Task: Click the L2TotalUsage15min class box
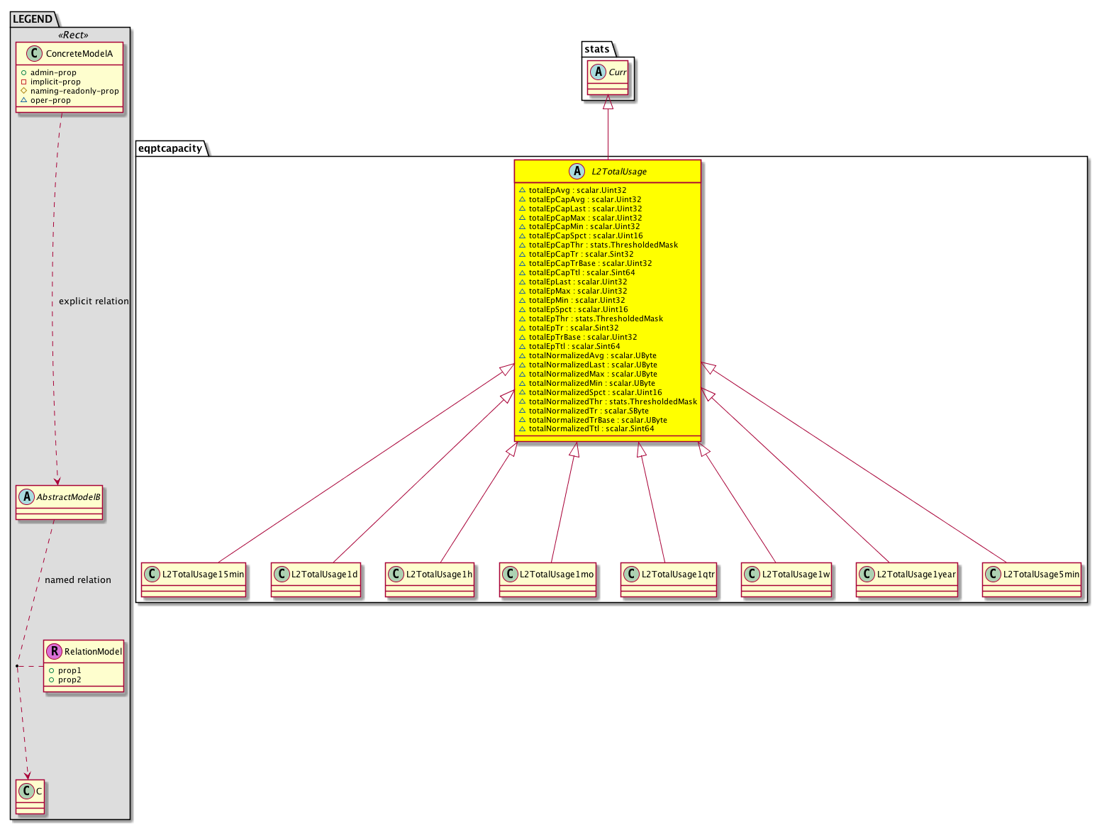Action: pyautogui.click(x=194, y=579)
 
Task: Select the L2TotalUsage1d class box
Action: pyautogui.click(x=316, y=579)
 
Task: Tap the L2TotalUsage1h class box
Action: pyautogui.click(x=429, y=579)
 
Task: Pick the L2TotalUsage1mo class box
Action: pyautogui.click(x=547, y=579)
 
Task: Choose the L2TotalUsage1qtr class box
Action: pyautogui.click(x=668, y=579)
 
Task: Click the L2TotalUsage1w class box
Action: pyautogui.click(x=786, y=579)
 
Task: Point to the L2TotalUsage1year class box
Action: pyautogui.click(x=907, y=579)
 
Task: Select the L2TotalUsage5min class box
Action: pyautogui.click(x=1031, y=579)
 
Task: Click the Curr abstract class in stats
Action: pyautogui.click(x=608, y=77)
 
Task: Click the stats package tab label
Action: pyautogui.click(x=596, y=49)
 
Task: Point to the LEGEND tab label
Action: pyautogui.click(x=33, y=19)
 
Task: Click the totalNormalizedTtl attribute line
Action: pyautogui.click(x=586, y=428)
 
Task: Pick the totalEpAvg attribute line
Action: pyautogui.click(x=572, y=190)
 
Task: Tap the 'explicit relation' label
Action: pyautogui.click(x=94, y=301)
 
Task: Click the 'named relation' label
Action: pyautogui.click(x=78, y=579)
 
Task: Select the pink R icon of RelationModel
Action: pyautogui.click(x=54, y=651)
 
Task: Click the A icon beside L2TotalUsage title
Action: pyautogui.click(x=577, y=171)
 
